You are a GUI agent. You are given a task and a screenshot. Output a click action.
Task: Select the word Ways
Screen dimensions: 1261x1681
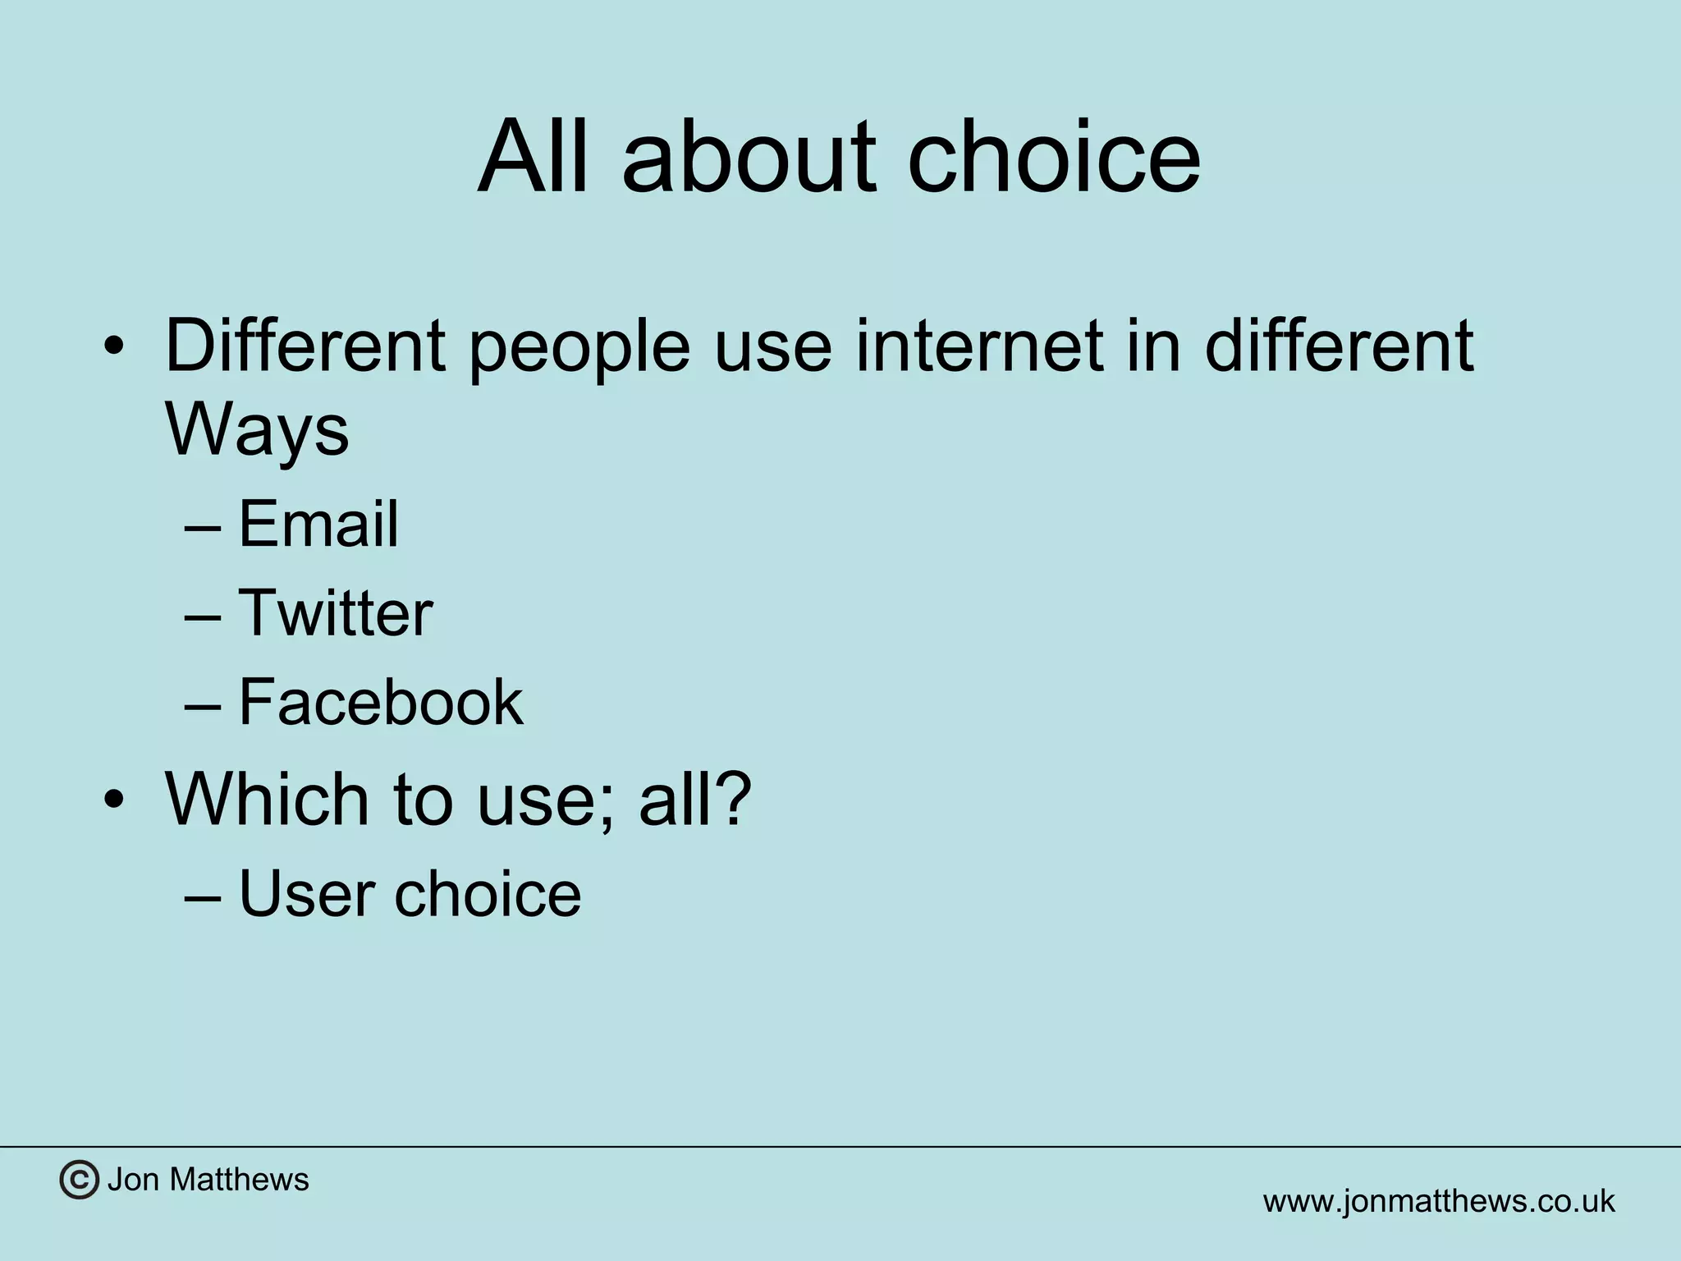[257, 431]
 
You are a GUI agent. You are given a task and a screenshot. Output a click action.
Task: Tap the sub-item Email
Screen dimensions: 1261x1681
[318, 524]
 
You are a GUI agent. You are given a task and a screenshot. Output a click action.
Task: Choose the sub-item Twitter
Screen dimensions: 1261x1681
[335, 612]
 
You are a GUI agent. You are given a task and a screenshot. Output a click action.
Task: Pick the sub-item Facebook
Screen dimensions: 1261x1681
[380, 702]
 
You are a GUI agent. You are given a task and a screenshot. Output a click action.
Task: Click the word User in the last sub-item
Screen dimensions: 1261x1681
[305, 893]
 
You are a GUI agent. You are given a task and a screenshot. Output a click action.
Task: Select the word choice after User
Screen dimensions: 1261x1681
[488, 893]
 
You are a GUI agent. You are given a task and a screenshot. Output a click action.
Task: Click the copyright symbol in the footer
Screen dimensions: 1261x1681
[79, 1181]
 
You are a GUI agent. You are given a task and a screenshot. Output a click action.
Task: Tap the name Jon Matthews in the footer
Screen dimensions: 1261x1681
[208, 1180]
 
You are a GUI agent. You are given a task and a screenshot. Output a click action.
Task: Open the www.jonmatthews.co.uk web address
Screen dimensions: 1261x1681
[1438, 1201]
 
